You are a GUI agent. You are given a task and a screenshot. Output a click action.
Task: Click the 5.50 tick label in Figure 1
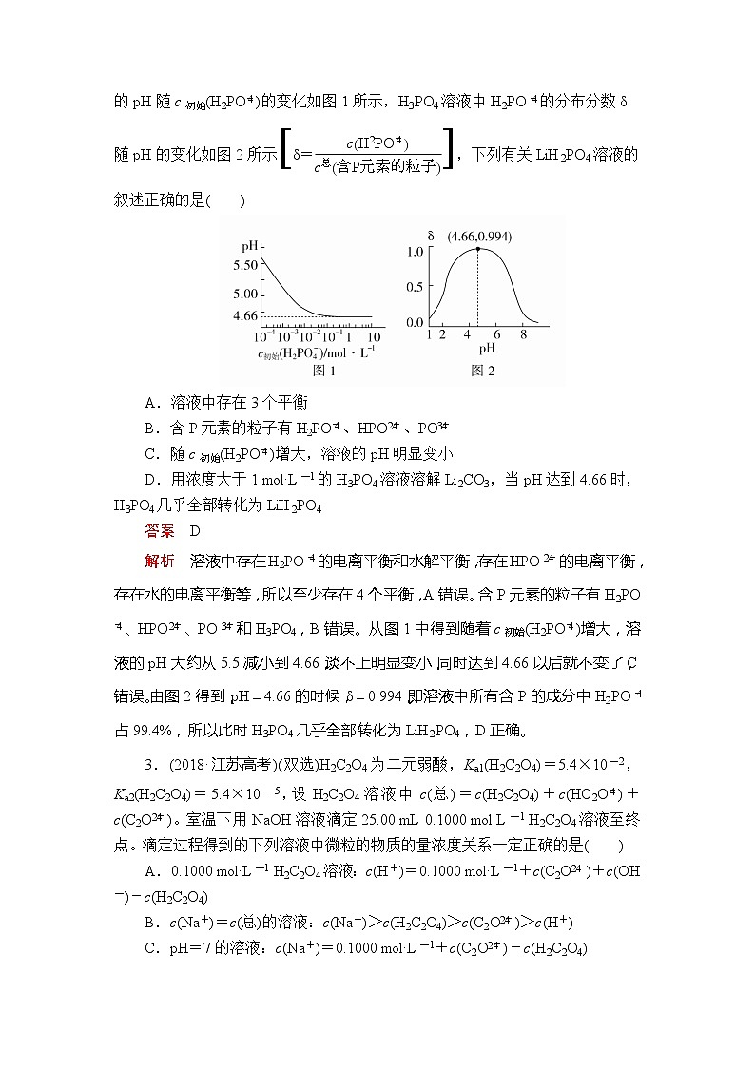[244, 266]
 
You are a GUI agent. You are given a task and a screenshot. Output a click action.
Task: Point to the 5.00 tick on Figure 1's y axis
[244, 294]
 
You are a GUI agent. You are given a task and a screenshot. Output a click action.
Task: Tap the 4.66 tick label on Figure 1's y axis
[244, 315]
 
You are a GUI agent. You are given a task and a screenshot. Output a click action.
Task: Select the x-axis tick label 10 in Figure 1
[374, 336]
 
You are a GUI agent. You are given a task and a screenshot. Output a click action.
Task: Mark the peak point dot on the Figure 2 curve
[477, 248]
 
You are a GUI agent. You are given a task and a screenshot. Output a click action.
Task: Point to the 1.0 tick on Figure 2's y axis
[415, 252]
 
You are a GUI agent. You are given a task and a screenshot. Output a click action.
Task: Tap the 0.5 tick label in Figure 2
[415, 287]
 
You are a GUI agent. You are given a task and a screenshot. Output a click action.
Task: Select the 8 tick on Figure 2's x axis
[523, 335]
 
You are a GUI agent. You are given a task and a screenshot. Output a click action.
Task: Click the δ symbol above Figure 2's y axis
[431, 234]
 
